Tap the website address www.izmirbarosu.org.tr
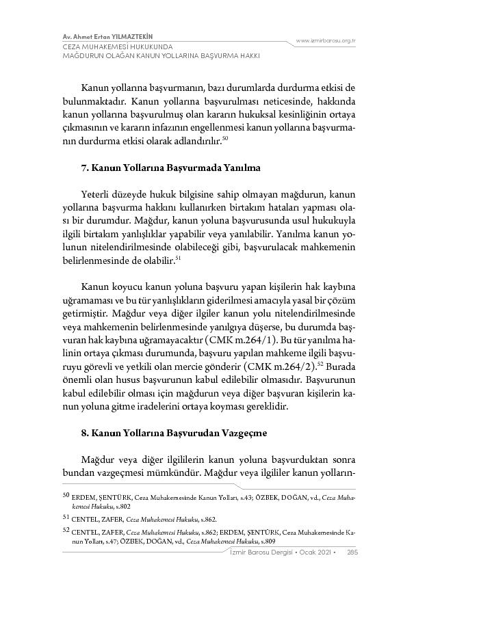[326, 41]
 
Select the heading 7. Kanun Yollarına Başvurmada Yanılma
[170, 168]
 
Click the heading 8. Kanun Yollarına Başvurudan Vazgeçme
[174, 433]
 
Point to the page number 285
[352, 552]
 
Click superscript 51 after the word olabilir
[178, 258]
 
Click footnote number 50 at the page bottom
[66, 494]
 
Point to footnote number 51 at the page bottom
[66, 518]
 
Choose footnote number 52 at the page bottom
[66, 529]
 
